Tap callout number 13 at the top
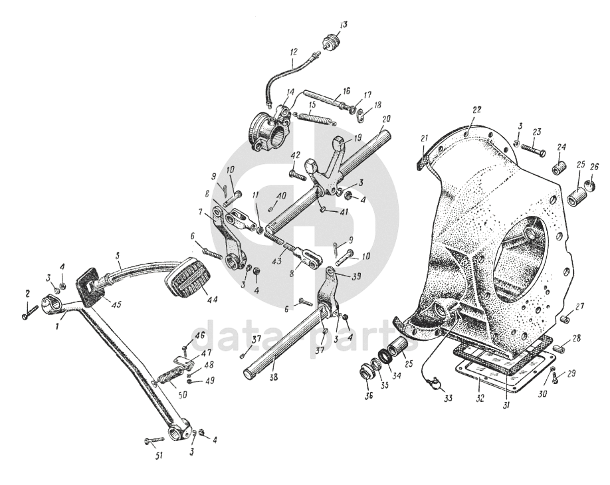tap(343, 25)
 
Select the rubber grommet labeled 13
tap(332, 41)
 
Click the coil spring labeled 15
tap(314, 118)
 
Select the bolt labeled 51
tap(154, 440)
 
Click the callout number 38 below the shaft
tap(274, 377)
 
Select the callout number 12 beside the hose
tap(293, 52)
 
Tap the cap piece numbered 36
tap(367, 371)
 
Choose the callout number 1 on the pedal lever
tap(56, 327)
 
